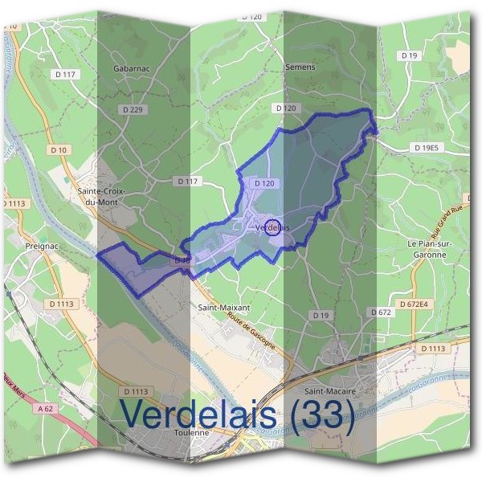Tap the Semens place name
(x=300, y=67)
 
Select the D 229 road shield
(x=134, y=108)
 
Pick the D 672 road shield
(x=380, y=311)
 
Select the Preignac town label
(x=39, y=247)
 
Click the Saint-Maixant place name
(x=224, y=307)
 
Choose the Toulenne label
(x=191, y=431)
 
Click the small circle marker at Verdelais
(x=272, y=227)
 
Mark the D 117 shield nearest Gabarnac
(x=67, y=74)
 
